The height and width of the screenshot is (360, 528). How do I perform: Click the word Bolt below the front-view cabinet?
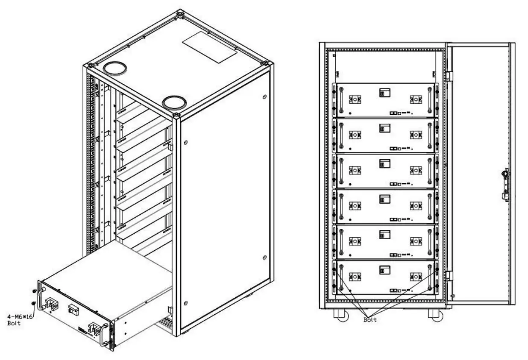tap(370, 319)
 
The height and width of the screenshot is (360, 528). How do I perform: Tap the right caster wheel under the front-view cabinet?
tap(435, 315)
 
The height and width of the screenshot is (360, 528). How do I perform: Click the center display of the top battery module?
tap(384, 92)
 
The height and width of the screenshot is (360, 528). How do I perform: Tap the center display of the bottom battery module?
tap(384, 269)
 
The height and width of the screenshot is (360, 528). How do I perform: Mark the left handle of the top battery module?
tap(341, 100)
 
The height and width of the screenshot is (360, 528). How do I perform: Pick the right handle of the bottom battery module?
tap(430, 277)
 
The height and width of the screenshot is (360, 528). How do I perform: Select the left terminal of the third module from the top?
tap(354, 170)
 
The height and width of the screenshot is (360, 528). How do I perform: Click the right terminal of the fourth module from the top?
tap(415, 206)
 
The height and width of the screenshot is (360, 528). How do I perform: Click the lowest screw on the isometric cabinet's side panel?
tap(185, 304)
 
